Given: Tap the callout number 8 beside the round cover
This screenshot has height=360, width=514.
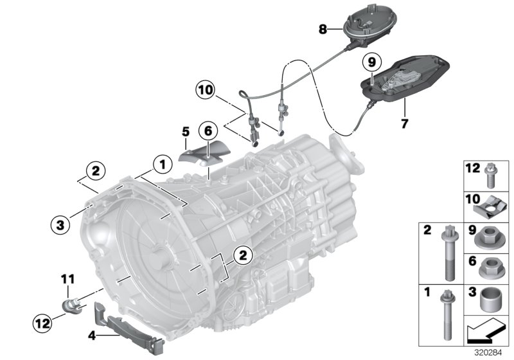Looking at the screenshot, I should pyautogui.click(x=323, y=28).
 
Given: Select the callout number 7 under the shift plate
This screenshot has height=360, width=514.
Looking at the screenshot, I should pyautogui.click(x=404, y=123).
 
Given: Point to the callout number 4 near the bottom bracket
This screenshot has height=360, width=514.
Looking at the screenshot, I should pyautogui.click(x=92, y=335).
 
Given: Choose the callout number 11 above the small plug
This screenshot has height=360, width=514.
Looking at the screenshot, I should pyautogui.click(x=68, y=278).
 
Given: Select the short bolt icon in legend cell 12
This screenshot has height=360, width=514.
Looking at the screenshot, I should pyautogui.click(x=492, y=174).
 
